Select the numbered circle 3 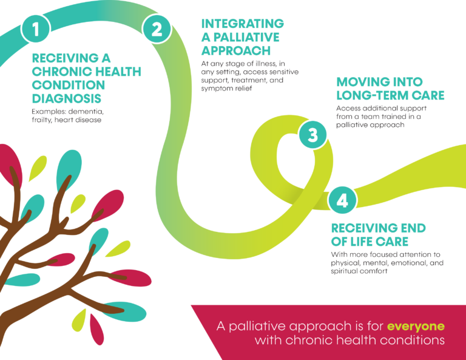click(x=312, y=134)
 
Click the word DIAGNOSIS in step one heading click(x=67, y=98)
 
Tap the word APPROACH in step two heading click(x=236, y=50)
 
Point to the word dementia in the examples click(x=92, y=112)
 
